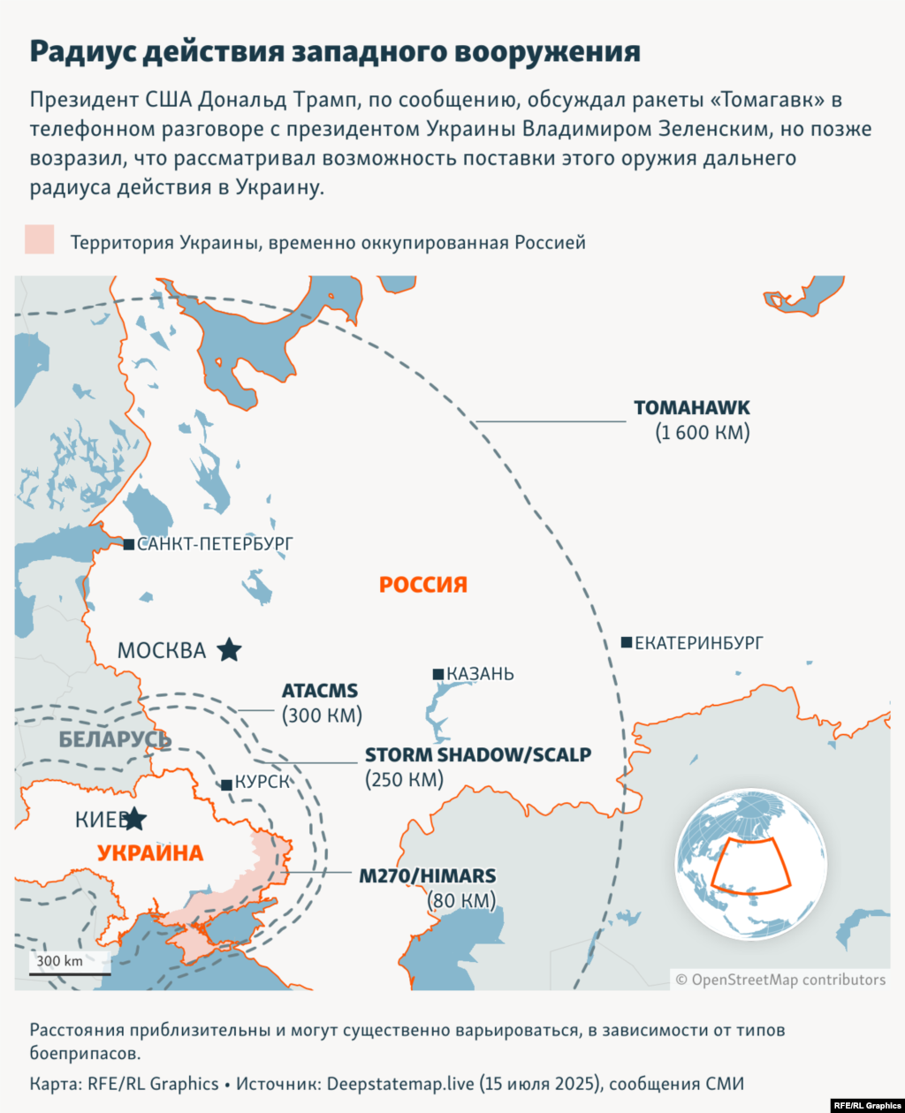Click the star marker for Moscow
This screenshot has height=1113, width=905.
pyautogui.click(x=229, y=650)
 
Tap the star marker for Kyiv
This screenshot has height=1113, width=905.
pyautogui.click(x=133, y=819)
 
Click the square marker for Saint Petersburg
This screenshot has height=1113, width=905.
pyautogui.click(x=129, y=544)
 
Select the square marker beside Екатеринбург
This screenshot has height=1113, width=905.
pyautogui.click(x=627, y=642)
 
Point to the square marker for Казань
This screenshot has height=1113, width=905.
pyautogui.click(x=437, y=674)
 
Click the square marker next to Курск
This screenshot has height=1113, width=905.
pyautogui.click(x=227, y=784)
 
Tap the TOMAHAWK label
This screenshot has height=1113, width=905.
pyautogui.click(x=691, y=408)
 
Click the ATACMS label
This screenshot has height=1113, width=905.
pyautogui.click(x=320, y=691)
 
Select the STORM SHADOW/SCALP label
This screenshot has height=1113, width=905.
pyautogui.click(x=478, y=755)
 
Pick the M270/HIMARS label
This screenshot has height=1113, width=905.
pyautogui.click(x=427, y=876)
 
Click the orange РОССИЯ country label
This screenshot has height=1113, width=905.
pyautogui.click(x=422, y=585)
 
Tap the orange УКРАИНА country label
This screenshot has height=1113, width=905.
pyautogui.click(x=149, y=853)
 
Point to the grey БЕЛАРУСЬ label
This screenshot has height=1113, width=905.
pyautogui.click(x=114, y=739)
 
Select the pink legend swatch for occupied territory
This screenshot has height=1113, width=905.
pyautogui.click(x=40, y=240)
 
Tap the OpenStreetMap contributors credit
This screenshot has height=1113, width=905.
pyautogui.click(x=780, y=980)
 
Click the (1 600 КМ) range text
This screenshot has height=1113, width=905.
pyautogui.click(x=702, y=433)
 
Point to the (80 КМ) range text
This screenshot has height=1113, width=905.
pyautogui.click(x=461, y=901)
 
